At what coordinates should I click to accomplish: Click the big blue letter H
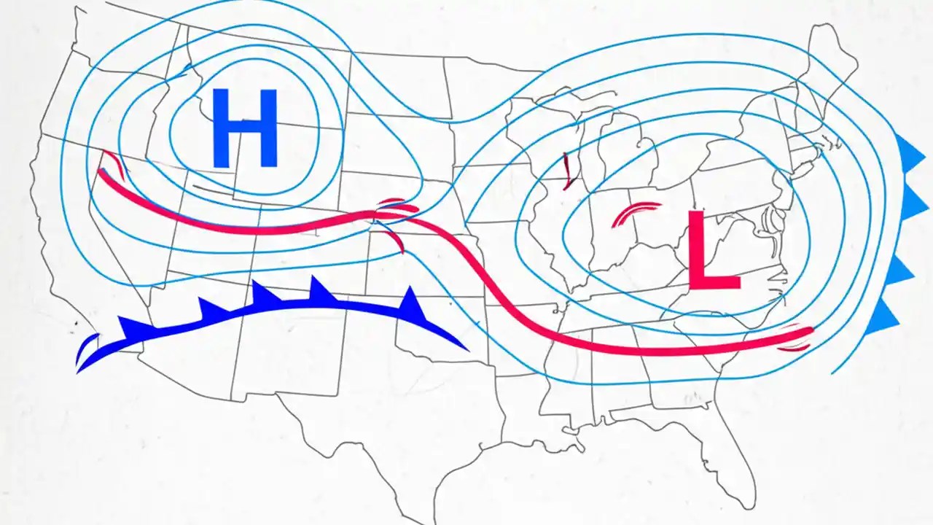[x=245, y=128]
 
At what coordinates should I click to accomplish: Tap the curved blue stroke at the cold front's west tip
[x=85, y=348]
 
